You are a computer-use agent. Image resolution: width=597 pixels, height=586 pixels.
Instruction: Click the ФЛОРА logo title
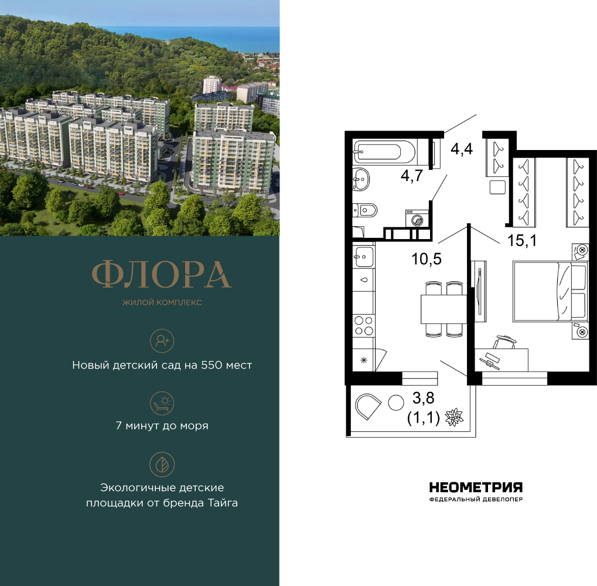tap(162, 274)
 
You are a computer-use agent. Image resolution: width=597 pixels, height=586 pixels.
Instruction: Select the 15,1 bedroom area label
tap(521, 240)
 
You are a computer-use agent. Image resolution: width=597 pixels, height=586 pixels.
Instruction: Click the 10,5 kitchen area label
tap(427, 259)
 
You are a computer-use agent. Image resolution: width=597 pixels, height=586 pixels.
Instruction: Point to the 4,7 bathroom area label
tap(412, 176)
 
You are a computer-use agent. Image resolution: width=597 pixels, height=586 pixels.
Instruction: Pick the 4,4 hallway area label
tap(462, 149)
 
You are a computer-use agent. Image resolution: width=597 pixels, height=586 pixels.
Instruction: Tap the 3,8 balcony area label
tap(424, 398)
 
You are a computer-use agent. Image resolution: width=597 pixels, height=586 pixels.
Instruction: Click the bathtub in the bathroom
tap(384, 152)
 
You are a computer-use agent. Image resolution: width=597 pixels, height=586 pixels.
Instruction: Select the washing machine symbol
tap(417, 219)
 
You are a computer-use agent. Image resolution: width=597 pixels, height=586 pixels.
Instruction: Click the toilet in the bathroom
tap(365, 210)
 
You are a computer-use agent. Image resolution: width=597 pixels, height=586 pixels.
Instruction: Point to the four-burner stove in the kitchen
tap(364, 326)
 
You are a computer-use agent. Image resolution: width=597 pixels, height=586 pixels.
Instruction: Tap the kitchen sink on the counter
tap(364, 257)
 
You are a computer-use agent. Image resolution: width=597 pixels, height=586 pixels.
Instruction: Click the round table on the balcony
tap(396, 403)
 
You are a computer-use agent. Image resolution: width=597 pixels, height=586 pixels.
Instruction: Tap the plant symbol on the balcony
tap(454, 417)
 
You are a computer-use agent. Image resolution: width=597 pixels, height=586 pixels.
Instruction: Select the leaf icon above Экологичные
tap(162, 465)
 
